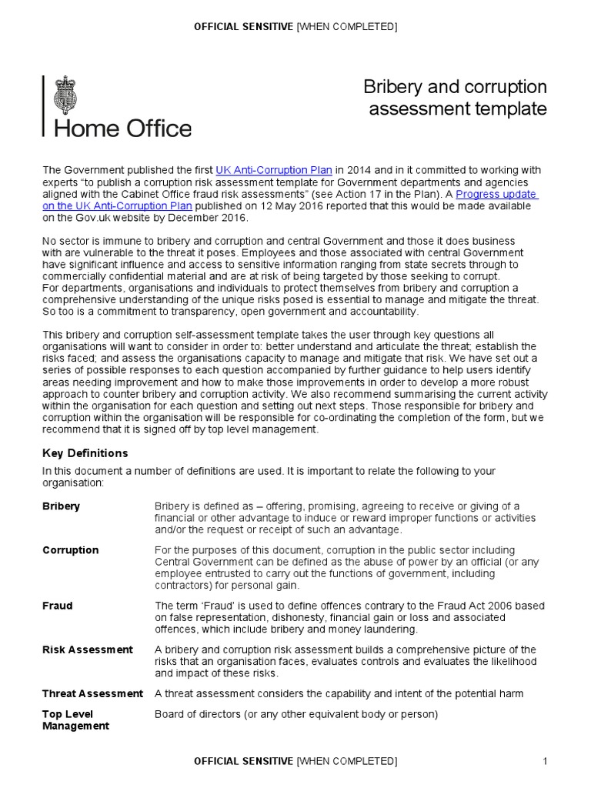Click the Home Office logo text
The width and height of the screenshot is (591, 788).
(122, 128)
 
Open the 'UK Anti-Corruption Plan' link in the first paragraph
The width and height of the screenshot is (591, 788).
(274, 170)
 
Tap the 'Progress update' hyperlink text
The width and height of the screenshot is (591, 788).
(496, 195)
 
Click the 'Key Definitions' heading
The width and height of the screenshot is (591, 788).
(85, 453)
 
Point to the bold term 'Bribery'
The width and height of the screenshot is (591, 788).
(61, 506)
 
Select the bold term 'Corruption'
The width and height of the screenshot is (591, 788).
(70, 550)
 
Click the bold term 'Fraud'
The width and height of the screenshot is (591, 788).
(57, 606)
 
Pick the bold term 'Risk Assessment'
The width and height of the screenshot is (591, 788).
(87, 649)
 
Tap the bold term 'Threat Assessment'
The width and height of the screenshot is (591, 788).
(92, 693)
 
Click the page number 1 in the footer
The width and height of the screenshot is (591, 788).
(544, 762)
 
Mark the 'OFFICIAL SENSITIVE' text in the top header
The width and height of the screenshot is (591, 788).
(243, 28)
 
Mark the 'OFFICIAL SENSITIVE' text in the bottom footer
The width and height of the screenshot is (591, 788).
(243, 762)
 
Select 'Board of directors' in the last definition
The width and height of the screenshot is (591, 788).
(198, 714)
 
